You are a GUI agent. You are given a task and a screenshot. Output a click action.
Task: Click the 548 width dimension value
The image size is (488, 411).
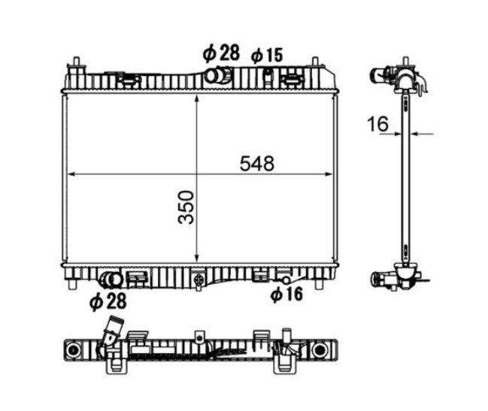(x=256, y=164)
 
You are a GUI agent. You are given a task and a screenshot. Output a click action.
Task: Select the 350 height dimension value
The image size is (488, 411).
(x=186, y=207)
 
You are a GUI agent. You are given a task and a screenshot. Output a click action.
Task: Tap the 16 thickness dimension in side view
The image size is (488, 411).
(x=377, y=123)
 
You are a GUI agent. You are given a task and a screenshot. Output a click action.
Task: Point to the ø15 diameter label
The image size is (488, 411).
(x=267, y=56)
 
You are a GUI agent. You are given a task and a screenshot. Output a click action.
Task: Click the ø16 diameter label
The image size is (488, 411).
(x=286, y=294)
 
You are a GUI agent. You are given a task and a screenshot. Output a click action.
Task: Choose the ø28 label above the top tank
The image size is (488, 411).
(x=221, y=53)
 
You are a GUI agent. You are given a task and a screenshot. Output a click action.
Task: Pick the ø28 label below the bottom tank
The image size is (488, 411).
(x=108, y=301)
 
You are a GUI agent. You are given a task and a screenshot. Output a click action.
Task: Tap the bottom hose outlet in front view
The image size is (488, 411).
(x=111, y=280)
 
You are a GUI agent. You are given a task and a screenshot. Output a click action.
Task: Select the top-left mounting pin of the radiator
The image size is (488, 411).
(x=76, y=62)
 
